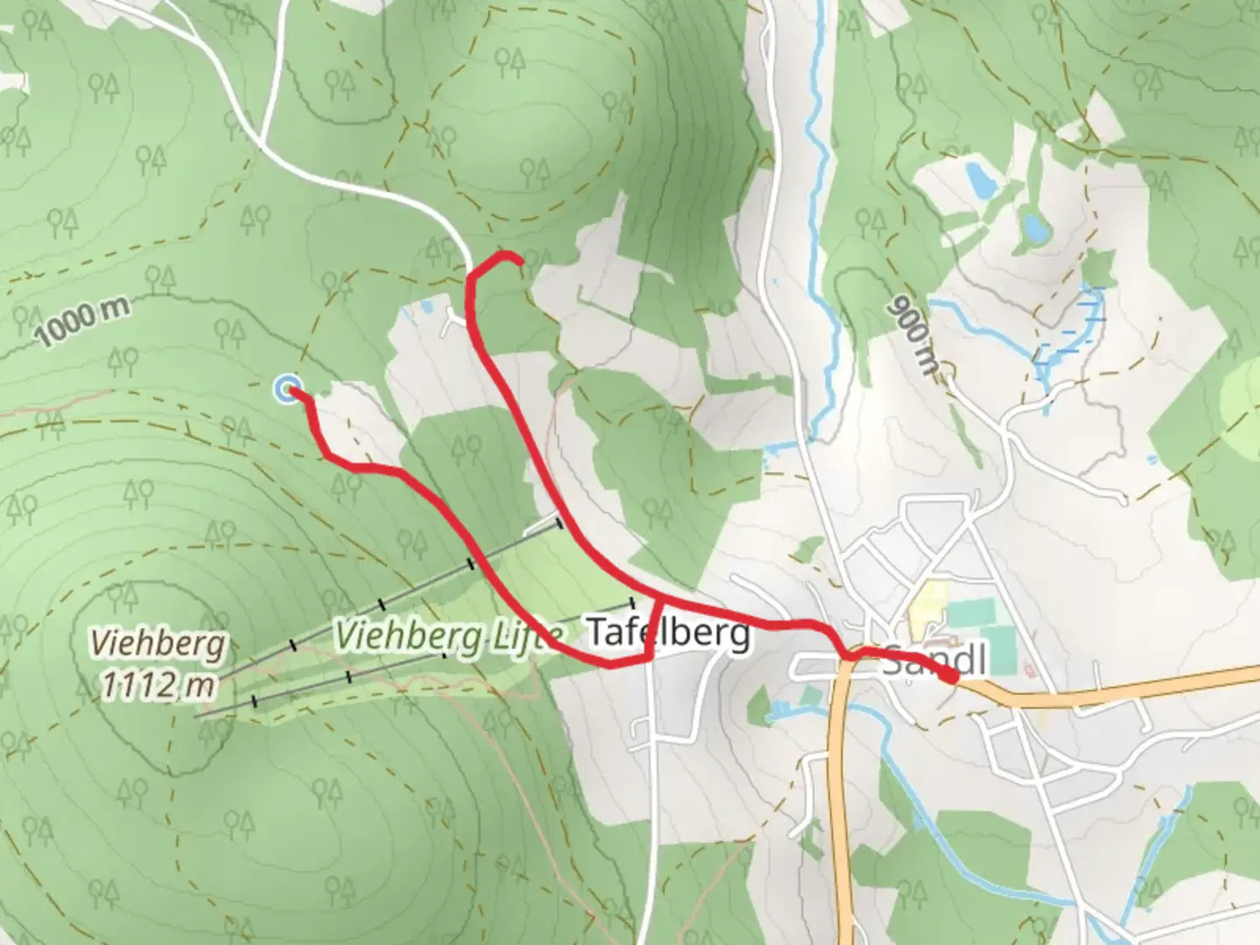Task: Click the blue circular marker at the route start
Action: point(287,388)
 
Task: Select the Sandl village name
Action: point(934,661)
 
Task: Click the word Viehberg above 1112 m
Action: point(158,645)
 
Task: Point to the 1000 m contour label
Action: point(84,322)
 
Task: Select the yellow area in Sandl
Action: point(922,608)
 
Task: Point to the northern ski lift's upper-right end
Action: point(558,523)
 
